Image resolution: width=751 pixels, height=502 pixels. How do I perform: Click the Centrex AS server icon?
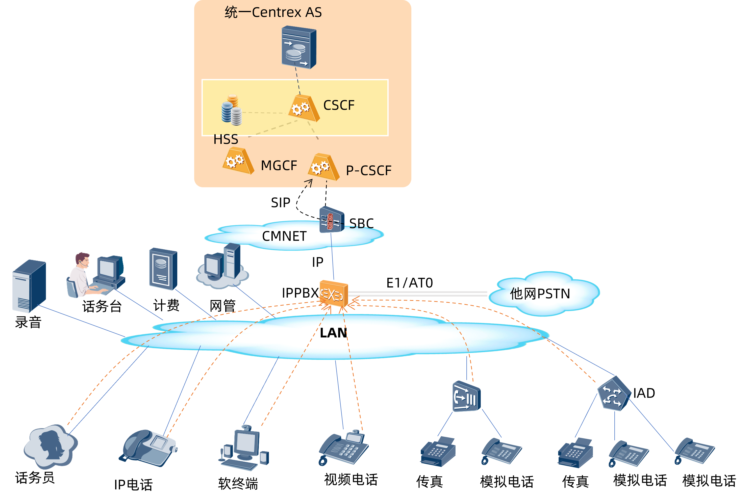299,48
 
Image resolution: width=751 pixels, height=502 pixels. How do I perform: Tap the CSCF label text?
339,105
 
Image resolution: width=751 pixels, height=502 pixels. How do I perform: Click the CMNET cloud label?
284,236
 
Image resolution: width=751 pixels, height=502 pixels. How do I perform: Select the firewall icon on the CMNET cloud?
332,220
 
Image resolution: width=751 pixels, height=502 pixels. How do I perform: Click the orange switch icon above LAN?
333,294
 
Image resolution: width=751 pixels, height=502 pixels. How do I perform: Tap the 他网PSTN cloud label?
540,294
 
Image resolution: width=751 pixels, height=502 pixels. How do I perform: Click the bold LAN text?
333,333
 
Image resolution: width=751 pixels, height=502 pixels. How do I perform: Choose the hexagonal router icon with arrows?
614,394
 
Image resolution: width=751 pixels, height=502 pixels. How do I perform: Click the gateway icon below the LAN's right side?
466,396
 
